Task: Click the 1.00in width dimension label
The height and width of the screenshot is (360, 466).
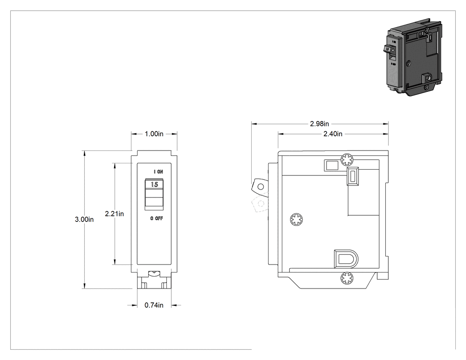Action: (154, 134)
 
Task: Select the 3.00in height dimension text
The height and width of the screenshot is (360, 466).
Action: (84, 219)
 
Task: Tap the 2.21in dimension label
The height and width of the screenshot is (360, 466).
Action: (115, 214)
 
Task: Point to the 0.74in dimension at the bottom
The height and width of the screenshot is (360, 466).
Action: (154, 305)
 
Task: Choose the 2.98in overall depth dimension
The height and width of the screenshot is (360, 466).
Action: (320, 124)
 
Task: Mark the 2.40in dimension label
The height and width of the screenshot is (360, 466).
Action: (333, 134)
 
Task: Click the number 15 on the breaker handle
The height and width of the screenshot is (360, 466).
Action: (154, 184)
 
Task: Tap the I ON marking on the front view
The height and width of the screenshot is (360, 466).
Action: (158, 171)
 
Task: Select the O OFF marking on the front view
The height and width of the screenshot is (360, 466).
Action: (157, 218)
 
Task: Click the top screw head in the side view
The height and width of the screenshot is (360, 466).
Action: (347, 160)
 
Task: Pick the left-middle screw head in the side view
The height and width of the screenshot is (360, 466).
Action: (296, 219)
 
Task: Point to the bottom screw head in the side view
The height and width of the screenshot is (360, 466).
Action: (347, 278)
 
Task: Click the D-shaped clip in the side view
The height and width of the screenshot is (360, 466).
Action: (346, 259)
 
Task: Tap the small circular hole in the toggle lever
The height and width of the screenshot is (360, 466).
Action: (261, 187)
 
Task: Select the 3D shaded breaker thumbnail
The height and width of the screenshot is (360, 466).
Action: (415, 57)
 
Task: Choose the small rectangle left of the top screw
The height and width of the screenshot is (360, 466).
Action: (332, 165)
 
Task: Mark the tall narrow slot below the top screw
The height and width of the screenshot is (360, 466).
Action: (353, 176)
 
